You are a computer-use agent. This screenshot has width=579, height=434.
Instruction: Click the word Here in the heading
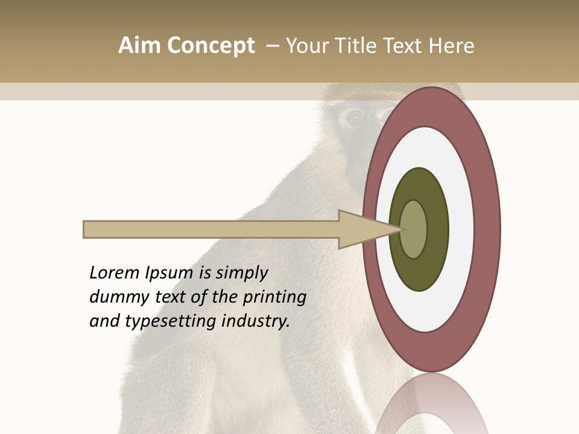coord(450,46)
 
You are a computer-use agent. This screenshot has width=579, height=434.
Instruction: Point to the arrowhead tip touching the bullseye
coord(400,229)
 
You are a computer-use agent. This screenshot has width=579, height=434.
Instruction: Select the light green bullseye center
coord(414,229)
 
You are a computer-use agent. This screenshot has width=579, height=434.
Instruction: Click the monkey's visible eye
coord(355,116)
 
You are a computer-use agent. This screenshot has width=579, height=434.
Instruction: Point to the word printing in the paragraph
coord(274,297)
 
